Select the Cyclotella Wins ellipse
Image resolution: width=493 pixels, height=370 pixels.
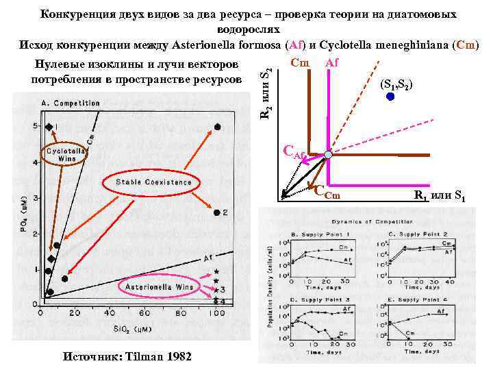[66, 153]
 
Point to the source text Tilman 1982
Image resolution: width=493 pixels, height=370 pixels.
[127, 357]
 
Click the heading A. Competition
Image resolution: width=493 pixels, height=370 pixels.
[71, 103]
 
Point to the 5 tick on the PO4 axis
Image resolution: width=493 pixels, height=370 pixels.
[36, 127]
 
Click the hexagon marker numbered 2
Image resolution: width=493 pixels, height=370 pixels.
[217, 212]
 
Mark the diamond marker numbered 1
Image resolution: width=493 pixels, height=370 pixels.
[49, 127]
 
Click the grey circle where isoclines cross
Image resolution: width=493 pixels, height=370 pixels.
[328, 156]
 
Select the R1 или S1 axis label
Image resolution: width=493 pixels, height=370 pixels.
[440, 196]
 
